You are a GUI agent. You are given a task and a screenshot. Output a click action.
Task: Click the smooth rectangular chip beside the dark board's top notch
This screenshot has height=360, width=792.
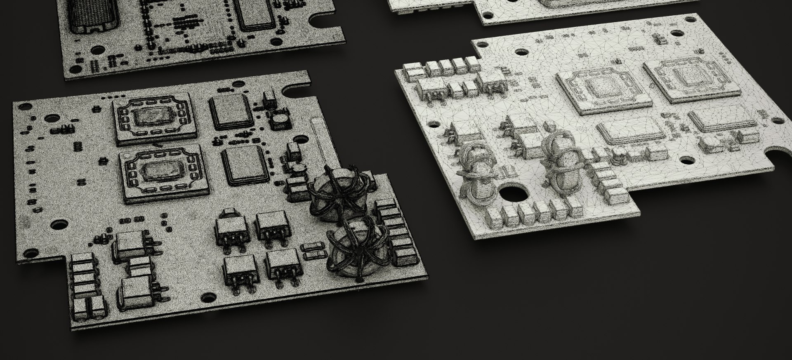232,111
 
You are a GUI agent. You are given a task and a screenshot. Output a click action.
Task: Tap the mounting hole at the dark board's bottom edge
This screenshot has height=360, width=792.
208,297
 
